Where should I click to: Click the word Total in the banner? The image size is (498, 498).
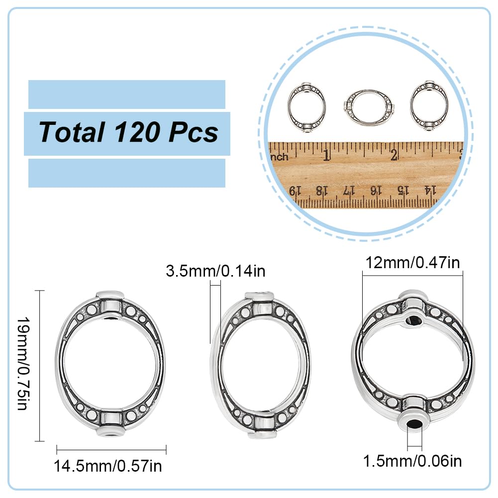[x=71, y=132]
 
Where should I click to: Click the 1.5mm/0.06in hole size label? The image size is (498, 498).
[x=412, y=461]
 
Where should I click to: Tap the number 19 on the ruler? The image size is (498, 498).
[x=296, y=190]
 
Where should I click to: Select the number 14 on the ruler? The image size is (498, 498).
[x=430, y=190]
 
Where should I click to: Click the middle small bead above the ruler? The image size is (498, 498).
[x=368, y=107]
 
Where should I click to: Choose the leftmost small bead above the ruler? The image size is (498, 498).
[x=306, y=106]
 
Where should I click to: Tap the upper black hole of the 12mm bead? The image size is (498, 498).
[x=414, y=320]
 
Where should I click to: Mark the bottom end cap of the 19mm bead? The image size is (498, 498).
[x=110, y=433]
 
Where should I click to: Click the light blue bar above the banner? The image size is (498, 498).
[x=126, y=94]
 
